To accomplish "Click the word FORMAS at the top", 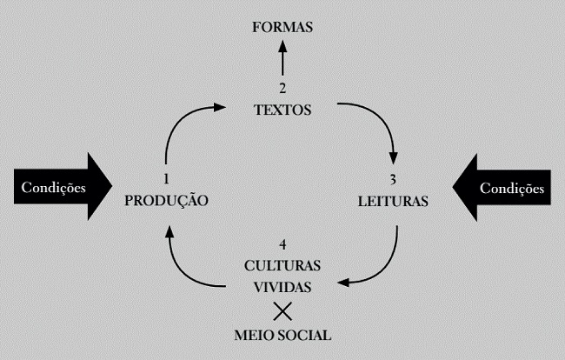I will coord(282,28).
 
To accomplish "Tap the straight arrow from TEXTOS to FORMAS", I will coord(282,61).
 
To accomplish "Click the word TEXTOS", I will coord(282,110).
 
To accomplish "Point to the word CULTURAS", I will coord(282,263).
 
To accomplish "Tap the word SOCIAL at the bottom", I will coord(302,334).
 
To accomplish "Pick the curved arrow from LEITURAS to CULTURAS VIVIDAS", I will coord(382,265).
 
